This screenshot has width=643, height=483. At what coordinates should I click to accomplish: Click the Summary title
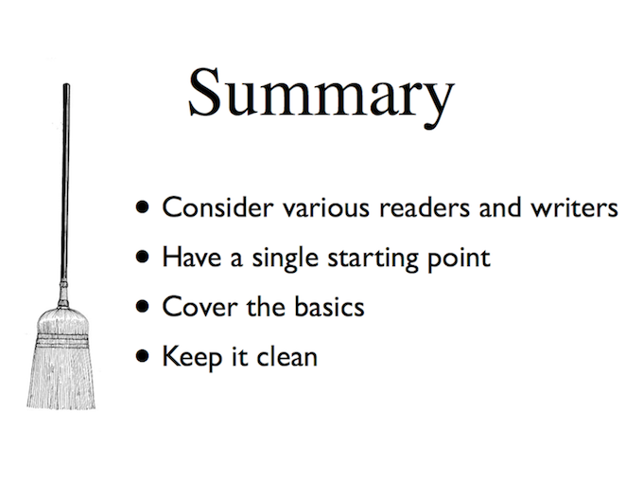(x=321, y=97)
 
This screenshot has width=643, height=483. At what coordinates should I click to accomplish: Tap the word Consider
(x=217, y=207)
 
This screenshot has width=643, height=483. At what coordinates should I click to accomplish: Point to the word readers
(x=425, y=207)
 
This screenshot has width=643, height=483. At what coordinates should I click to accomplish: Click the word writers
(x=574, y=207)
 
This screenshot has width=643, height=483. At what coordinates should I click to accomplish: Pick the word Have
(x=192, y=257)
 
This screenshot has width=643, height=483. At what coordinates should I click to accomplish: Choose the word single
(x=285, y=259)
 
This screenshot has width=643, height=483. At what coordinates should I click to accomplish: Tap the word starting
(x=373, y=259)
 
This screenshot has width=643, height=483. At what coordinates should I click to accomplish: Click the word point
(x=460, y=259)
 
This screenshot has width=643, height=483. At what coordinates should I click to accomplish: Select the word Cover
(x=200, y=307)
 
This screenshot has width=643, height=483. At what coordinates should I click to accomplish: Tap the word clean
(x=287, y=356)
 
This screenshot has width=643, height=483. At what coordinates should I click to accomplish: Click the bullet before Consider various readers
(x=142, y=207)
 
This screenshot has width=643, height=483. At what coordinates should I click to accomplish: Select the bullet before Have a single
(x=142, y=257)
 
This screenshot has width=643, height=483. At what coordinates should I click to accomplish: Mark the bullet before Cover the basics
(x=142, y=307)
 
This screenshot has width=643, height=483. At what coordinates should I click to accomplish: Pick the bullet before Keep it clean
(x=142, y=356)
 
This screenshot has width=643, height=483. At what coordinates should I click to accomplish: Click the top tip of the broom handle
(x=66, y=84)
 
